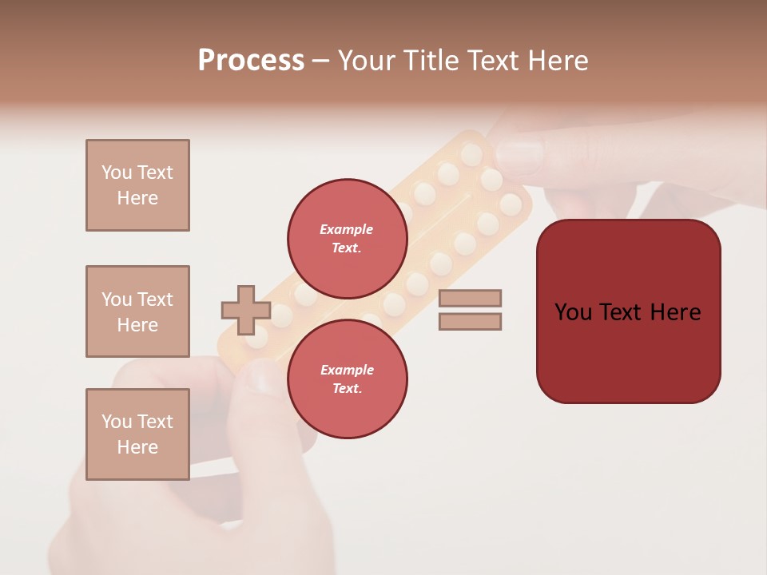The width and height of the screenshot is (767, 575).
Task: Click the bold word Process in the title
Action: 251,61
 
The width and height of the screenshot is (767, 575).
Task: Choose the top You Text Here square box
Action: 137,185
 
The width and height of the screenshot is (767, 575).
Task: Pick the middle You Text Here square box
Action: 137,311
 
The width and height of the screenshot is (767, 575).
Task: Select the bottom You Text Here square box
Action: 137,434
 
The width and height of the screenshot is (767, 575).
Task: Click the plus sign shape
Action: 245,310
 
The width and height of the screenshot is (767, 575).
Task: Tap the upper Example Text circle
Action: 347,238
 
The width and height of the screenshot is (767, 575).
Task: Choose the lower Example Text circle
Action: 347,379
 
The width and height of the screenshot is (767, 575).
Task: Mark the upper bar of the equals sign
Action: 470,298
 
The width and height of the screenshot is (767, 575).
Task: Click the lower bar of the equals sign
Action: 470,322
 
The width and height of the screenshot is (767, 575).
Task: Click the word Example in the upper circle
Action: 347,229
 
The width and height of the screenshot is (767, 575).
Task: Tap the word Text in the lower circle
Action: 347,388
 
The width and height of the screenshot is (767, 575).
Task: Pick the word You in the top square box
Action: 117,172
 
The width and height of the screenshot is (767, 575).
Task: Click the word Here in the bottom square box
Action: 137,447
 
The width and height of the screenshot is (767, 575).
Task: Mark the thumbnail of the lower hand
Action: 262,377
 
